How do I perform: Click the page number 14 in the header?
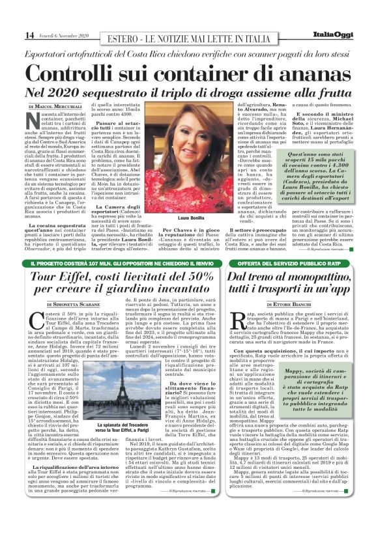[x=12, y=35]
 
